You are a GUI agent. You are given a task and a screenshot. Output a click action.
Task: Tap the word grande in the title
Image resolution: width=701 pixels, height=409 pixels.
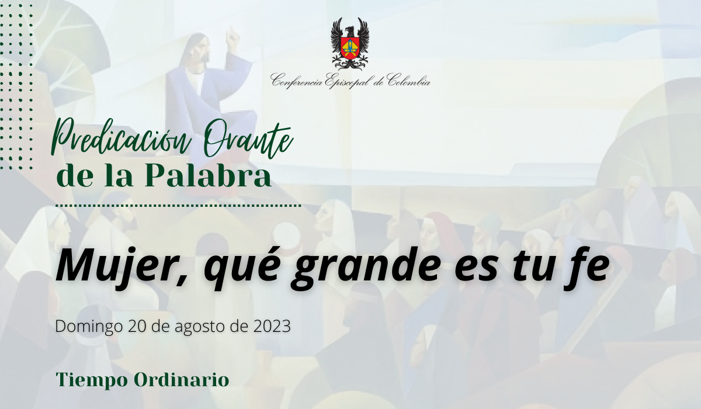tap(365, 269)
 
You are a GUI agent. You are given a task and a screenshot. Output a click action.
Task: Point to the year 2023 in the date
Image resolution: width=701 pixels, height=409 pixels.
tap(272, 326)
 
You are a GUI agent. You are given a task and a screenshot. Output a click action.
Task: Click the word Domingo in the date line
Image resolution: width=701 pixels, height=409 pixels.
tap(89, 327)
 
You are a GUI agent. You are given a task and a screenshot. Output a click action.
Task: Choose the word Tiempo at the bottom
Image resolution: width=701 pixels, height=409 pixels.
tap(92, 380)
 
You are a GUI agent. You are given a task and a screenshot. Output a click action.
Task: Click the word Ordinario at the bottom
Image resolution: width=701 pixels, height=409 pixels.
tap(182, 379)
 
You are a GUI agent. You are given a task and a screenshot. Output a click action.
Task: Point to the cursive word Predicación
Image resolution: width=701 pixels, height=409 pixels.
tap(121, 138)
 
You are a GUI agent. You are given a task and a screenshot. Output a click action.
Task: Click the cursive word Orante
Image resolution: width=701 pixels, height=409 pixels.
tap(249, 141)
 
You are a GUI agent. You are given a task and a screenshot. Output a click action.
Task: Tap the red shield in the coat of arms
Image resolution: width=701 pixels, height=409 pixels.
tap(350, 48)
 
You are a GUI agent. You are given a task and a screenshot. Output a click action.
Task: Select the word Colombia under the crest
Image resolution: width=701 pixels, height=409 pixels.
tap(408, 81)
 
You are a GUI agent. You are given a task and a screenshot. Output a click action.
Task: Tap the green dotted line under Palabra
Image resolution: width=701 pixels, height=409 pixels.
tap(178, 206)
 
